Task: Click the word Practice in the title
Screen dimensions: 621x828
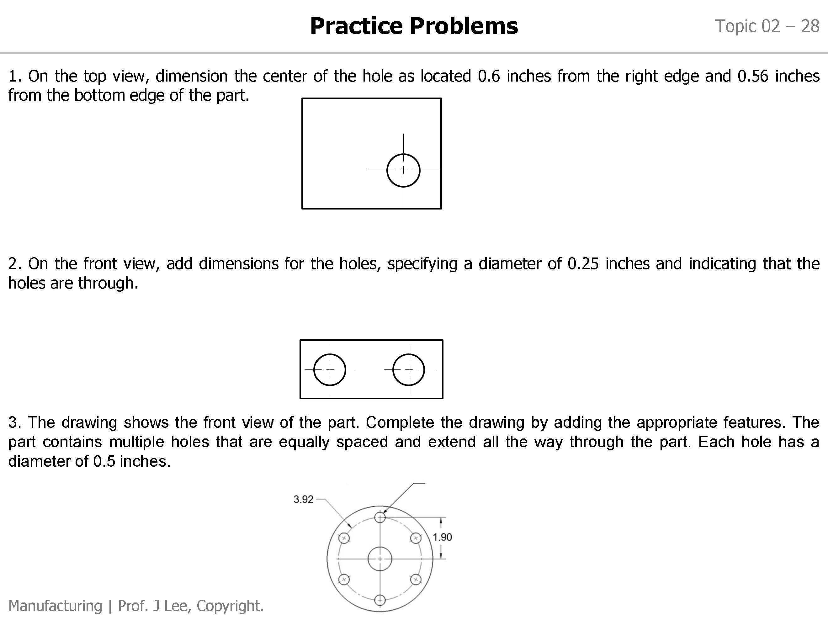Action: (356, 26)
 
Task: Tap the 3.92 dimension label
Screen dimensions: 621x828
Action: (303, 499)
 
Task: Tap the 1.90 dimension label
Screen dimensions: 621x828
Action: (442, 537)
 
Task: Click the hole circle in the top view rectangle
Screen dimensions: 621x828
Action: (403, 170)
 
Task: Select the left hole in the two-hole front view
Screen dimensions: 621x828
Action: (329, 369)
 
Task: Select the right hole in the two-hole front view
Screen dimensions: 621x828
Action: (409, 369)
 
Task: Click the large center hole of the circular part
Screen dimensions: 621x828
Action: (379, 559)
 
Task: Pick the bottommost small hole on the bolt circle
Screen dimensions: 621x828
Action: (379, 600)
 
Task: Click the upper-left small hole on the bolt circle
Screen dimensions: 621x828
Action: (344, 538)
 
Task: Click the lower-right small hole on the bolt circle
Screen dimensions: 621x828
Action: (416, 580)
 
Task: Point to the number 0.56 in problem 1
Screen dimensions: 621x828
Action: (753, 76)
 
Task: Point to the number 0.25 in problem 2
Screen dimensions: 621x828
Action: (583, 264)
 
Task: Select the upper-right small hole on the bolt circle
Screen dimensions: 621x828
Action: (416, 538)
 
